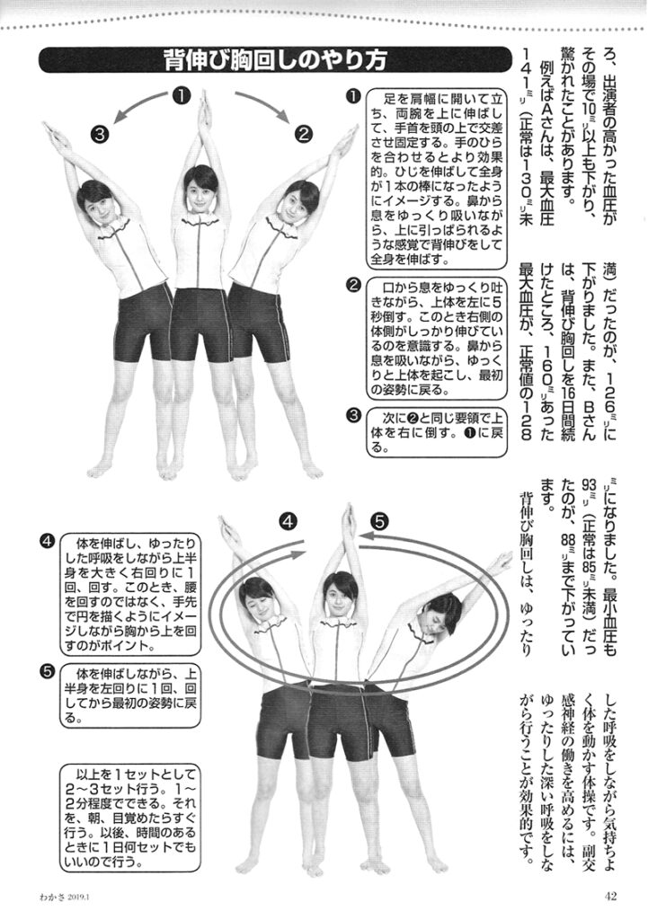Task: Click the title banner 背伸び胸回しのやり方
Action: tap(275, 60)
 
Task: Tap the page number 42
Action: tap(610, 896)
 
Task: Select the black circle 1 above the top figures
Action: tap(182, 95)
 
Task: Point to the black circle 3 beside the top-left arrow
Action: tap(100, 135)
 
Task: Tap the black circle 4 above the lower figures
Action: tap(288, 522)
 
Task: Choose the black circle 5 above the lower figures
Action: tap(380, 521)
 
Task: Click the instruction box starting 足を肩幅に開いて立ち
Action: tap(437, 179)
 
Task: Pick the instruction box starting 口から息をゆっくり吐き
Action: tap(437, 338)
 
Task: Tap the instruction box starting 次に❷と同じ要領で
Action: tap(437, 433)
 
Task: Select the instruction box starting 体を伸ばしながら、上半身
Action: tap(130, 695)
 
